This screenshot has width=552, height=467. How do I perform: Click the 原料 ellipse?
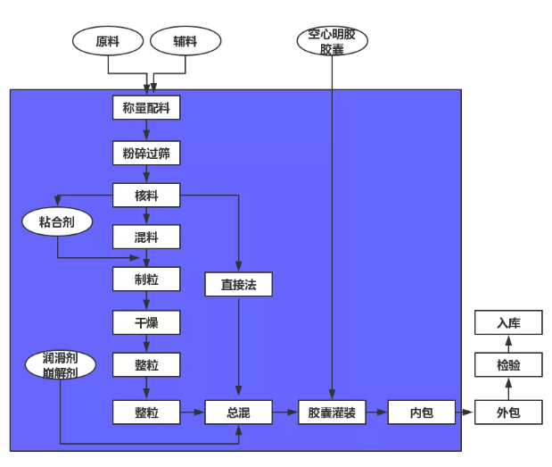[x=108, y=41]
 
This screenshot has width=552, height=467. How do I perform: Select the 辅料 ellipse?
[x=185, y=41]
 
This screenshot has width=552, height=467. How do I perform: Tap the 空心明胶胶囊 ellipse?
[x=332, y=41]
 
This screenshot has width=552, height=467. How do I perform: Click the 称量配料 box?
[x=146, y=108]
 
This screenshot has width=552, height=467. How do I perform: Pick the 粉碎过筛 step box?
[x=146, y=154]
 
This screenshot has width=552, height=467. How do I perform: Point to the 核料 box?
[x=146, y=195]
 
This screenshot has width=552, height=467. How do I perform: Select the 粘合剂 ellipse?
[x=58, y=222]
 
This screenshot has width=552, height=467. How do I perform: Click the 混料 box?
[x=146, y=237]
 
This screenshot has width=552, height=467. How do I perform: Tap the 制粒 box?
[x=146, y=279]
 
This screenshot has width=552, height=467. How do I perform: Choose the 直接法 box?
[x=238, y=284]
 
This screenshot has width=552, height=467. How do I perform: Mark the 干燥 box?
[x=146, y=321]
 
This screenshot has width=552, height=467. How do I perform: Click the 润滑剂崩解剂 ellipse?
[x=61, y=364]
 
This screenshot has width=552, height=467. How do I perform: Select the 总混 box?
[x=238, y=412]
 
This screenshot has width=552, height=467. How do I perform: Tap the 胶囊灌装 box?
[x=332, y=412]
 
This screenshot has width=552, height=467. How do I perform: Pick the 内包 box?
[x=421, y=412]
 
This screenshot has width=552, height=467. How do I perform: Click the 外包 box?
[x=508, y=412]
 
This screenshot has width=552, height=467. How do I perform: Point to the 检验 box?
[x=508, y=365]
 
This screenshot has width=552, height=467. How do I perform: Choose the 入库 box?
[x=508, y=322]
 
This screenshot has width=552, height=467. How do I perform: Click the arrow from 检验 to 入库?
[x=508, y=344]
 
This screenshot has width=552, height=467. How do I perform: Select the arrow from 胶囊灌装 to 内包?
[x=376, y=412]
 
